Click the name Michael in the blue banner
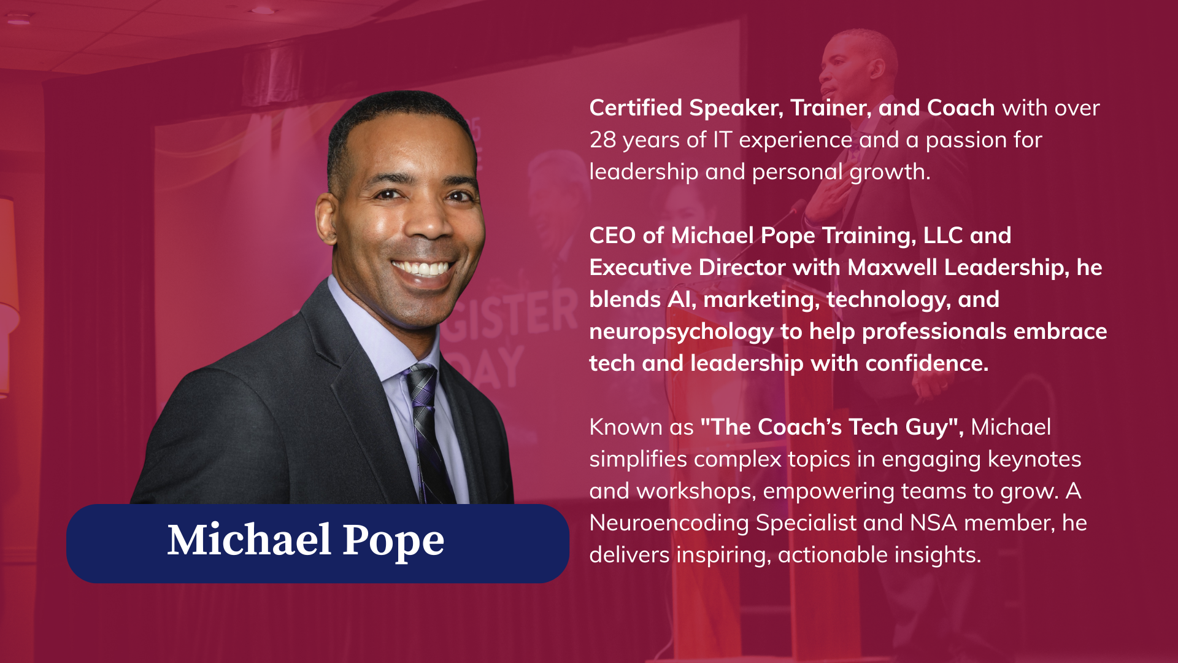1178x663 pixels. pyautogui.click(x=250, y=540)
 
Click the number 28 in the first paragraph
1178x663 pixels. pyautogui.click(x=602, y=140)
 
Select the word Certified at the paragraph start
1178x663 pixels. pyautogui.click(x=636, y=107)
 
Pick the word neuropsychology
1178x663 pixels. pyautogui.click(x=682, y=332)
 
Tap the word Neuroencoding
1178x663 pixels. pyautogui.click(x=669, y=524)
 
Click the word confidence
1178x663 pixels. pyautogui.click(x=927, y=363)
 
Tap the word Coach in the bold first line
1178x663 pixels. pyautogui.click(x=961, y=107)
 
